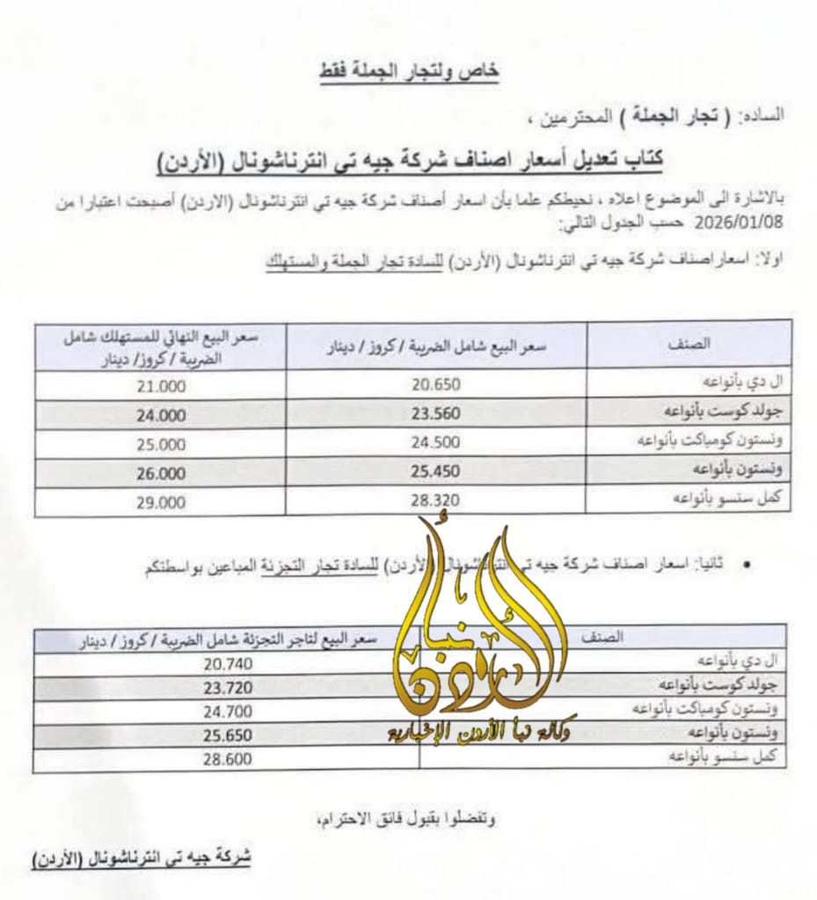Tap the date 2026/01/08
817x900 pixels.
pyautogui.click(x=719, y=225)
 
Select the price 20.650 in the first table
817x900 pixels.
pyautogui.click(x=435, y=384)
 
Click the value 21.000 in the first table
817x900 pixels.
pyautogui.click(x=161, y=385)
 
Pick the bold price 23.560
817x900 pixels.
pyautogui.click(x=435, y=414)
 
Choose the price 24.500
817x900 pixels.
pyautogui.click(x=435, y=444)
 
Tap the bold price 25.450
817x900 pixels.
pyautogui.click(x=435, y=473)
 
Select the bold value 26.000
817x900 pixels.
pyautogui.click(x=161, y=474)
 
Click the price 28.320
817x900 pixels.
pyautogui.click(x=435, y=502)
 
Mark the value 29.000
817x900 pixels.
pyautogui.click(x=161, y=503)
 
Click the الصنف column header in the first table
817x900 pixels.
pyautogui.click(x=689, y=345)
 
